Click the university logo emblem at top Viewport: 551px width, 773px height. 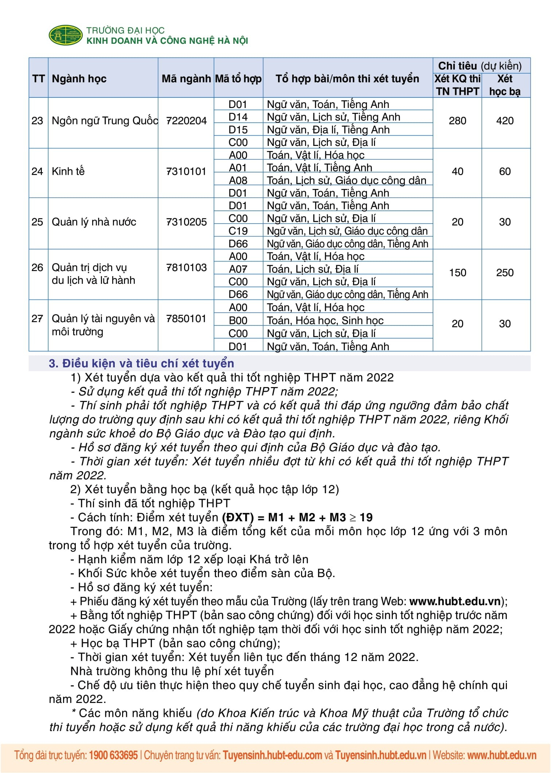(66, 35)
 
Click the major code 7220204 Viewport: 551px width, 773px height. (186, 121)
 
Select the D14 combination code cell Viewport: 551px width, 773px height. (238, 117)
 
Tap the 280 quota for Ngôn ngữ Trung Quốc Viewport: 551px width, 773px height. (457, 121)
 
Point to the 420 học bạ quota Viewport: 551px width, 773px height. (505, 121)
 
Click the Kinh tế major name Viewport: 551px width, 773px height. (68, 171)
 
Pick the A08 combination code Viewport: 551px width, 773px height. (238, 180)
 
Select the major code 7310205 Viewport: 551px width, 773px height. (186, 222)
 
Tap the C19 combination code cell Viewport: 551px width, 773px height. (238, 231)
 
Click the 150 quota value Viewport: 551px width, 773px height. (457, 273)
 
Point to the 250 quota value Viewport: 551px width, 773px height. (505, 273)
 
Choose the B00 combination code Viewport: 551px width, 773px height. (238, 320)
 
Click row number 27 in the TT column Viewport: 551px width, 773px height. (37, 318)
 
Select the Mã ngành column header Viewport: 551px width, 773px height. (186, 79)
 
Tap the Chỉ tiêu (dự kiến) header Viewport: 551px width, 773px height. (480, 66)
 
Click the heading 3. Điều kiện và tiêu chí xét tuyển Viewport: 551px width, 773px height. (141, 363)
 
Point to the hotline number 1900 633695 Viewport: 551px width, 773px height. (113, 755)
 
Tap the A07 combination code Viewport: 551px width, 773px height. (238, 269)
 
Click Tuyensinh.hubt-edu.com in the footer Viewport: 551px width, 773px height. (272, 755)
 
